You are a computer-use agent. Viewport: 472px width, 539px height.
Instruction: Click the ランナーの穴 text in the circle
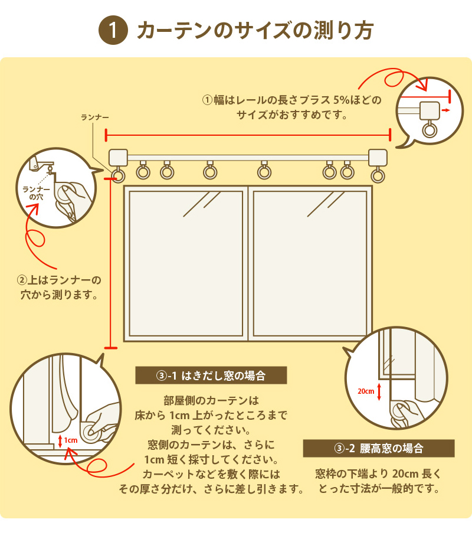(32, 192)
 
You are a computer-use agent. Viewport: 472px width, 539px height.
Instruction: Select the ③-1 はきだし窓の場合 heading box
(211, 375)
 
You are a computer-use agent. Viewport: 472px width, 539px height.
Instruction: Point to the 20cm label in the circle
(366, 391)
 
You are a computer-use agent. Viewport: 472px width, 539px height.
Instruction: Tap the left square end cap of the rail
(119, 158)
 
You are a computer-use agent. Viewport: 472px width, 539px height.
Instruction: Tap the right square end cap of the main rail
(378, 158)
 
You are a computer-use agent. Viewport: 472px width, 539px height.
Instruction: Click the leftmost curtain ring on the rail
(119, 175)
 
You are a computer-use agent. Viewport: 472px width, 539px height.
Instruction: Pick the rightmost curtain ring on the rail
(378, 175)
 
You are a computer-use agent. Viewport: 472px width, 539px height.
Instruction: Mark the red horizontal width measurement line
(248, 135)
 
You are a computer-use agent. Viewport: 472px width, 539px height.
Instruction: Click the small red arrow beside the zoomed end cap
(449, 110)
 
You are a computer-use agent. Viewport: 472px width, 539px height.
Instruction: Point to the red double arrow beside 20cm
(379, 391)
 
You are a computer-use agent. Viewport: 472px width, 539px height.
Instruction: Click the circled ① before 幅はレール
(207, 100)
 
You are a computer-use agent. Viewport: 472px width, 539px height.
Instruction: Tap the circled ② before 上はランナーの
(22, 279)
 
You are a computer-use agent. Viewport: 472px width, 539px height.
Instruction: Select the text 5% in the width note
(343, 100)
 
